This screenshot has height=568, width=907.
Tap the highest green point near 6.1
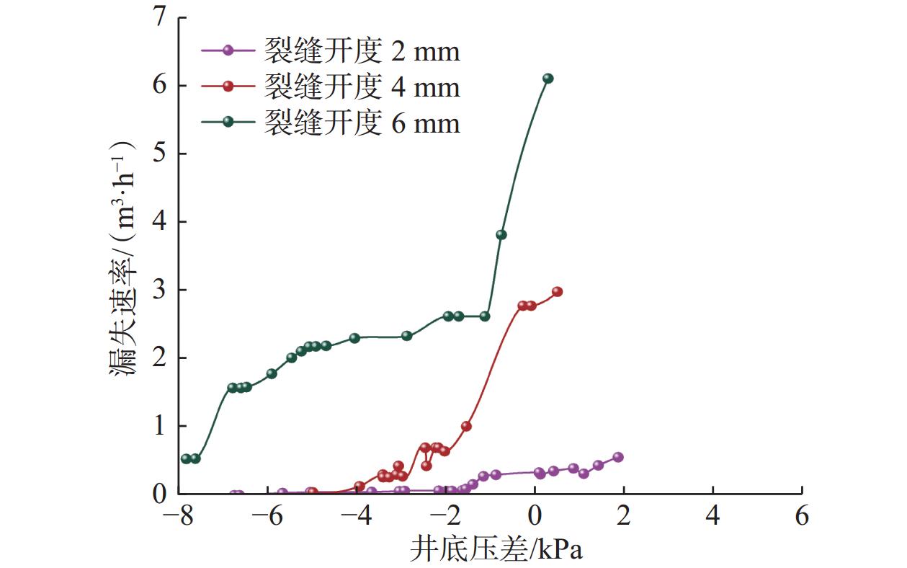tap(548, 79)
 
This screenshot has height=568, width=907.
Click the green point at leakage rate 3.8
tap(501, 234)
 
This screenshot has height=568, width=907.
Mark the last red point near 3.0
tap(557, 292)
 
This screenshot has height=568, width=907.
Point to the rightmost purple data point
tap(617, 457)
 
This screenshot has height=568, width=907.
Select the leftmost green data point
tap(186, 458)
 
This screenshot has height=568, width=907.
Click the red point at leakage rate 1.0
tap(466, 426)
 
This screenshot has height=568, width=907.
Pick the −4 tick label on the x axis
tap(358, 517)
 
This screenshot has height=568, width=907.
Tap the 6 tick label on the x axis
tap(802, 517)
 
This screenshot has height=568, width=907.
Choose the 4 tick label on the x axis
tap(712, 517)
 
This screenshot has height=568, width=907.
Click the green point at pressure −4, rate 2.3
tap(354, 338)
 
